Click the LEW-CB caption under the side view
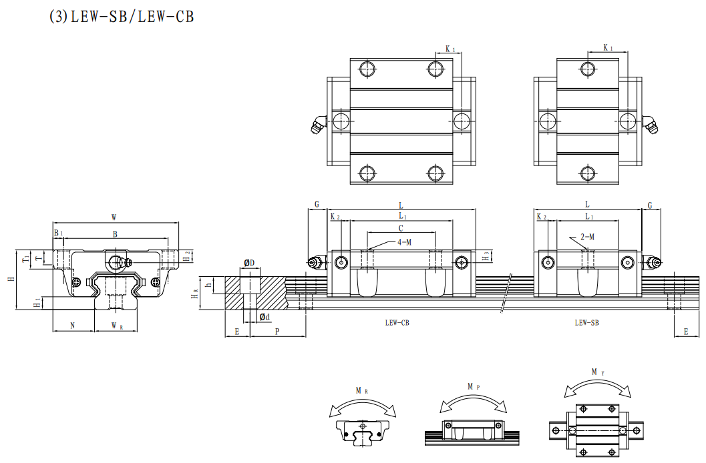(x=397, y=322)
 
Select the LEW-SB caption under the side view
(x=587, y=322)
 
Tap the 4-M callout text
(x=404, y=242)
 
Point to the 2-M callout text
(x=587, y=237)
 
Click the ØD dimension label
(x=249, y=264)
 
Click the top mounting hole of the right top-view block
(x=588, y=68)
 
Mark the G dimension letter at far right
(x=649, y=205)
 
